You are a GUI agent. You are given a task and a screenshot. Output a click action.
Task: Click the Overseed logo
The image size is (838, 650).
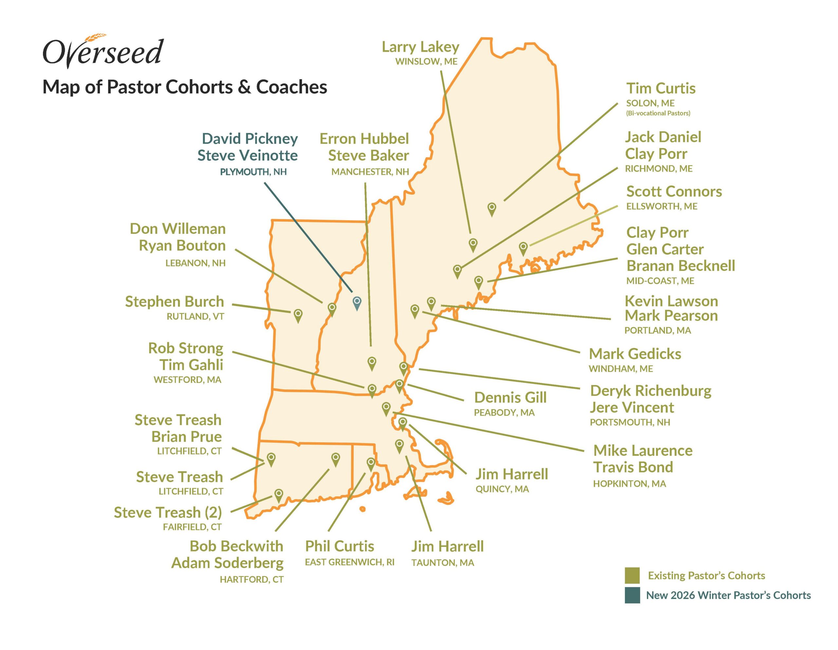pos(103,52)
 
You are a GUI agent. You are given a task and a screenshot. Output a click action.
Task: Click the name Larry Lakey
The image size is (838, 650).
pos(420,47)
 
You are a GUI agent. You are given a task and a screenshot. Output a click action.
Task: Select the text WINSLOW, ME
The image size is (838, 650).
pos(426,62)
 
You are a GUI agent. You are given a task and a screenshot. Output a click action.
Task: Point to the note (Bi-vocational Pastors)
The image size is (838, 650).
pos(658,113)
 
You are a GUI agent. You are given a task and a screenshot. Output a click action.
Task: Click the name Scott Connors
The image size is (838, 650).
pos(674,191)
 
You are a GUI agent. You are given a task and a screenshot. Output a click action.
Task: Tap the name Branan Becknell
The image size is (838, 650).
pos(680,266)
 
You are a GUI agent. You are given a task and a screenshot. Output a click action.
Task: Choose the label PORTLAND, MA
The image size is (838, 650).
pos(657,330)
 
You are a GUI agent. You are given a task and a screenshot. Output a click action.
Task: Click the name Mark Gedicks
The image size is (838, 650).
pos(635,354)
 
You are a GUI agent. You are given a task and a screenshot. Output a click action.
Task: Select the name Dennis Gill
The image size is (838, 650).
pos(510,397)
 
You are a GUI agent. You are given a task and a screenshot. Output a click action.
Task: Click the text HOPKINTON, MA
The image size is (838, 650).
pos(629,484)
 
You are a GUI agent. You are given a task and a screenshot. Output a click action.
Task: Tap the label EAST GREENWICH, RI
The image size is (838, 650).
pos(349,562)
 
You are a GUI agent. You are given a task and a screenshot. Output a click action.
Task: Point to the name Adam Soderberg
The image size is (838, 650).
pos(227,563)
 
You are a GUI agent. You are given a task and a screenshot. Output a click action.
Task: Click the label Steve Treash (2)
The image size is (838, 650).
pos(168,512)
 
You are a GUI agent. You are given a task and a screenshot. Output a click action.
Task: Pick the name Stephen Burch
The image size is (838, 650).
pos(174,301)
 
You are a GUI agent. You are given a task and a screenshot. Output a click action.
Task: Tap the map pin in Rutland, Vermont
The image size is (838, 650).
pos(298,315)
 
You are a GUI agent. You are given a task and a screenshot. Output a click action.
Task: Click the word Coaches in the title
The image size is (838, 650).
pos(291,87)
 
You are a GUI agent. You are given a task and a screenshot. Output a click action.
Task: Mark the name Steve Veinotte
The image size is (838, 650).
pos(247,156)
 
